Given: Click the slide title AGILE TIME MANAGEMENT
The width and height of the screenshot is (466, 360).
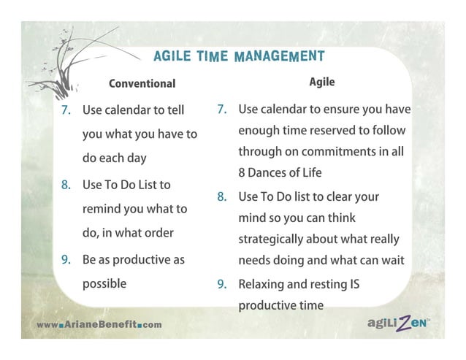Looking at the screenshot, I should [239, 56].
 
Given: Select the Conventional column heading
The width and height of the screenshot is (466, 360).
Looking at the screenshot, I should [142, 83].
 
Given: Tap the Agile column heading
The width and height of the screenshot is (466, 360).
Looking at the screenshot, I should [321, 82].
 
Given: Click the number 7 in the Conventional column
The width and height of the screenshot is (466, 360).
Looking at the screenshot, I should [65, 110].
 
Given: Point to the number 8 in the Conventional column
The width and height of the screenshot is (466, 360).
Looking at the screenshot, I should [65, 185].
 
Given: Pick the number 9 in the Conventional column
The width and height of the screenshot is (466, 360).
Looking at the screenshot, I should [65, 259].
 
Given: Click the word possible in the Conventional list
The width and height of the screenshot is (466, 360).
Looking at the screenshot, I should [104, 283].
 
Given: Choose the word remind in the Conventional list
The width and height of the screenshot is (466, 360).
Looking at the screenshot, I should [102, 209].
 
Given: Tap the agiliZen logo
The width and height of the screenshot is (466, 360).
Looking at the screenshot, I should [391, 321].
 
